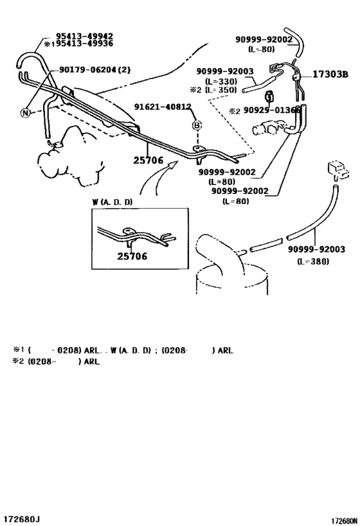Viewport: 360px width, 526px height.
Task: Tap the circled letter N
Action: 25,113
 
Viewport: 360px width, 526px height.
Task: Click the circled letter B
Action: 197,125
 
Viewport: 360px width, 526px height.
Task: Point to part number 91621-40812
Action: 163,107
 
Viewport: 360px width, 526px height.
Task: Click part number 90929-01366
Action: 272,111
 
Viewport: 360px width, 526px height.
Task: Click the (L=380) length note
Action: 313,261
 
